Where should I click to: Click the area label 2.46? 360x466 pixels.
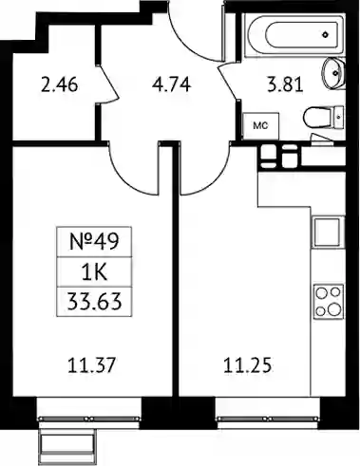(x=60, y=85)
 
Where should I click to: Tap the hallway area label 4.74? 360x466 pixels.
(x=171, y=84)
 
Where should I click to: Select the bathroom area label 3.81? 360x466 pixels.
(x=286, y=84)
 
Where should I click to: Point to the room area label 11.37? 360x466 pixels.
(x=92, y=364)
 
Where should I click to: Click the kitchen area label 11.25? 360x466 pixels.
(x=248, y=365)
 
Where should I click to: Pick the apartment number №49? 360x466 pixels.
(x=94, y=242)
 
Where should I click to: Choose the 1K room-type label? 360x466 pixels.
(x=94, y=272)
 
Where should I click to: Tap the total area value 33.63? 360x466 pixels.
(x=94, y=302)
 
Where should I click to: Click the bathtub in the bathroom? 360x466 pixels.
(x=294, y=34)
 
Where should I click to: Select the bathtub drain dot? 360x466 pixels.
(x=325, y=34)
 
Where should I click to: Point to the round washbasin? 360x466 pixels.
(x=333, y=73)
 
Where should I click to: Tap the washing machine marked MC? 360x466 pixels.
(x=260, y=126)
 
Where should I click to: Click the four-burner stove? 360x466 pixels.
(x=329, y=301)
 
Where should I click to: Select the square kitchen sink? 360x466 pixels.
(x=328, y=233)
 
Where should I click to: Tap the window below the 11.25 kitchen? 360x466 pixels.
(x=267, y=419)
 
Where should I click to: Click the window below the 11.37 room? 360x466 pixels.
(x=89, y=419)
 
